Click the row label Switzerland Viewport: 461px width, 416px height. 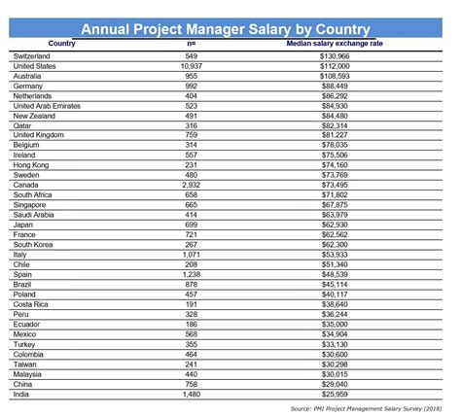[37, 56]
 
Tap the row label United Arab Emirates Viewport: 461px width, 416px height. [53, 105]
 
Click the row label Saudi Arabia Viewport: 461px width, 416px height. [38, 214]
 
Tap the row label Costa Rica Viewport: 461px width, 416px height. [34, 302]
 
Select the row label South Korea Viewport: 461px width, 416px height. [38, 243]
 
